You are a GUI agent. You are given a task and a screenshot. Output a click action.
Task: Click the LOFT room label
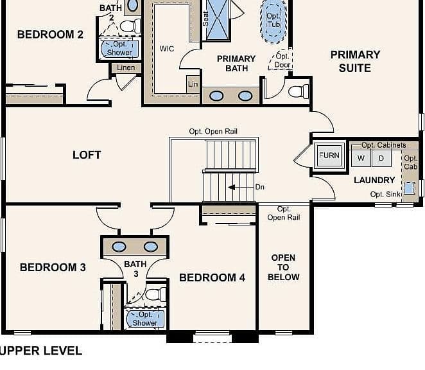point(87,155)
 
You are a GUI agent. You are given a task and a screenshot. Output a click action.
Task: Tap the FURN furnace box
point(329,155)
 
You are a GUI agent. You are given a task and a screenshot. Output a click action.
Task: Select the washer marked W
point(361,158)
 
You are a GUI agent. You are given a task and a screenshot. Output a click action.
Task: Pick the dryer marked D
point(381,158)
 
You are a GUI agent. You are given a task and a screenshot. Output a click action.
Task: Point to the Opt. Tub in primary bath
point(273,21)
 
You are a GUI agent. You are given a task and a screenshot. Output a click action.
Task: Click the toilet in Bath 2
point(130,26)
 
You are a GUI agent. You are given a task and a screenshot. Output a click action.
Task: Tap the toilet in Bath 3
point(155,295)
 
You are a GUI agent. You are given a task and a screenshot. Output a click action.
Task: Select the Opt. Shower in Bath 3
point(145,319)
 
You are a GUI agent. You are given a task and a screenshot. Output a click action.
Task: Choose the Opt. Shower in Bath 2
point(119,48)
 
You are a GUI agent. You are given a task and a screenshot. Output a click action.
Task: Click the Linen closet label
point(126,67)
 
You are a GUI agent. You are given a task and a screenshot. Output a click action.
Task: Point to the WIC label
point(167,49)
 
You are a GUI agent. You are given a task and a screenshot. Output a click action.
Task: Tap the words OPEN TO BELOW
point(284,267)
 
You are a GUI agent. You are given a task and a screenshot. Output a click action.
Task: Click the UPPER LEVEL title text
point(41,351)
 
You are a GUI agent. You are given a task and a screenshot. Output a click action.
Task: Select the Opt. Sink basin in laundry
point(409,188)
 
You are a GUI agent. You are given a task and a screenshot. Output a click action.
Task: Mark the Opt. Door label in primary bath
point(282,60)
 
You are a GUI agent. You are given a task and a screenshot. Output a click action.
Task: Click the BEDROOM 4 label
point(212,277)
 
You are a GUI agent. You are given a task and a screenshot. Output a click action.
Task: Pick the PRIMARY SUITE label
point(355,61)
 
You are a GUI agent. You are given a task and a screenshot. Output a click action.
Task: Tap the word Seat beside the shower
point(205,19)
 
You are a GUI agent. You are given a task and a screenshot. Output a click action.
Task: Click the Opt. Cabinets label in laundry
point(384,145)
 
